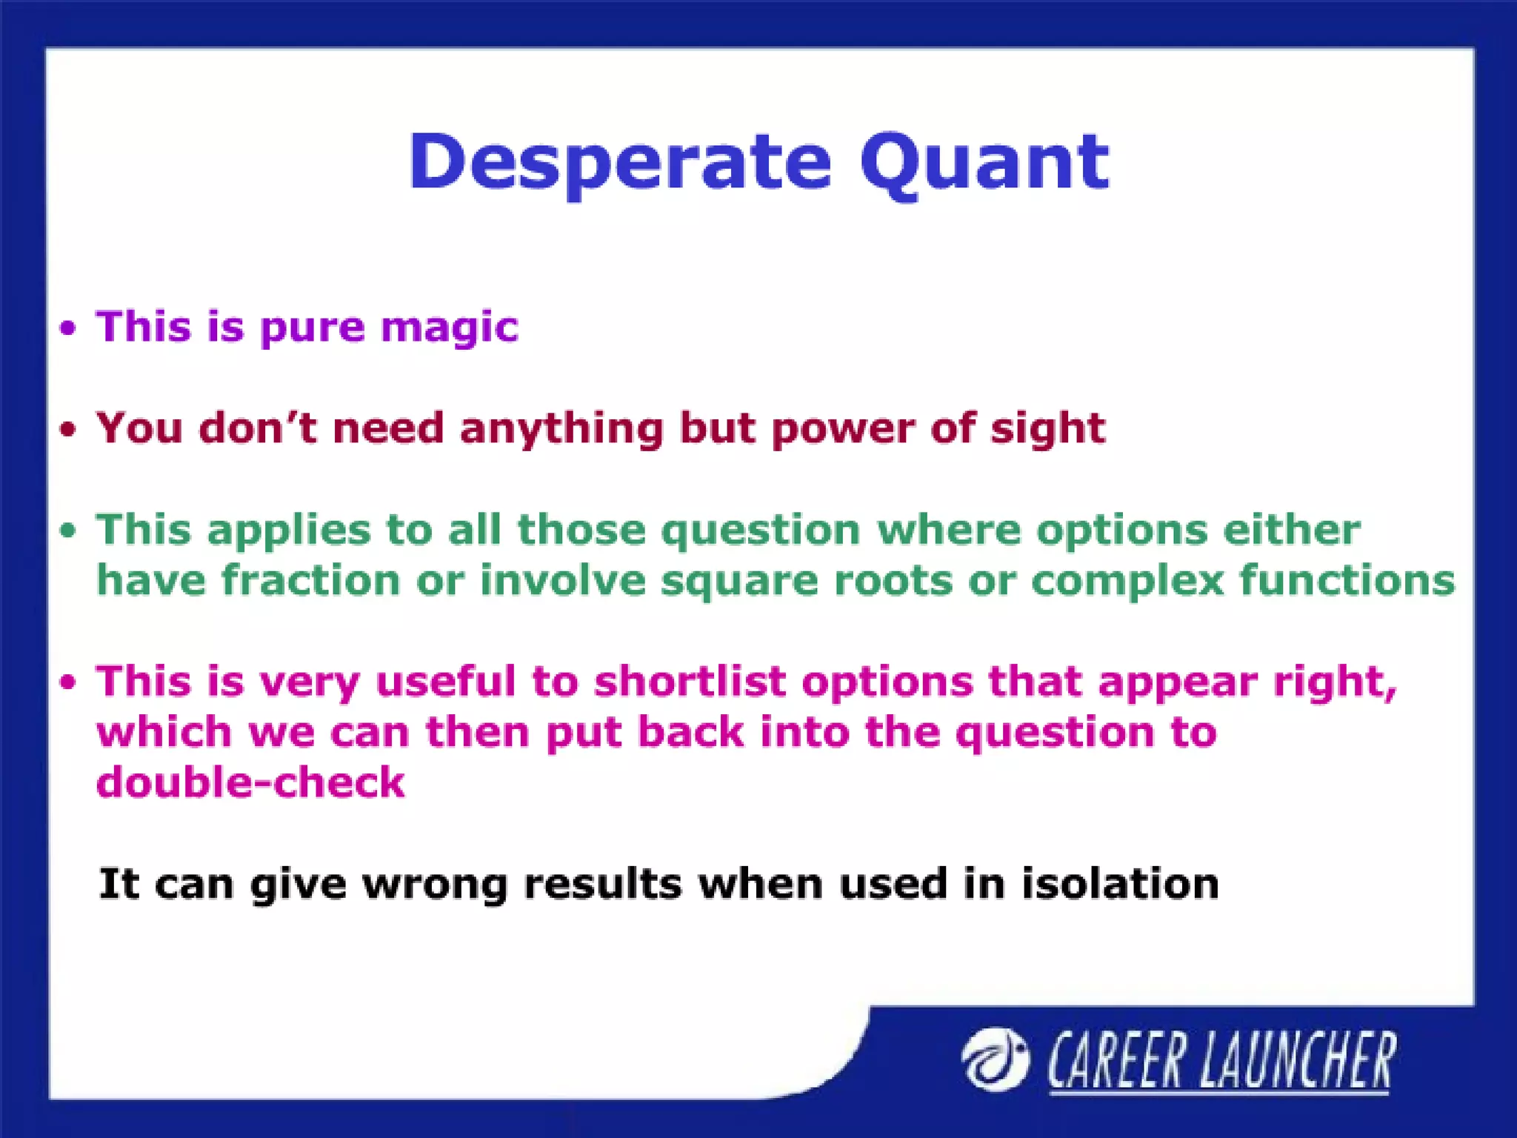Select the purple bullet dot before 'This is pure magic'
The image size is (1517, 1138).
(x=68, y=328)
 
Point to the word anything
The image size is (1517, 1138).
(x=561, y=430)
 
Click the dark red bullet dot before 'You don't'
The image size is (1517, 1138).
(x=68, y=430)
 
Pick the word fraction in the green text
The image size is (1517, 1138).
(x=311, y=580)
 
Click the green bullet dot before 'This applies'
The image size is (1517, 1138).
(x=68, y=530)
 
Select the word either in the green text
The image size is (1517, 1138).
(x=1291, y=530)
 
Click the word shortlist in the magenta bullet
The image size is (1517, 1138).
(x=689, y=682)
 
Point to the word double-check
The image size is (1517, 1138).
(x=250, y=783)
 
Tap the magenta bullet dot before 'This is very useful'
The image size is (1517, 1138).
(x=68, y=682)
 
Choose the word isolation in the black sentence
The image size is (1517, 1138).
(x=1120, y=884)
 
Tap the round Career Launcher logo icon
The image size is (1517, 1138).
(x=995, y=1059)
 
